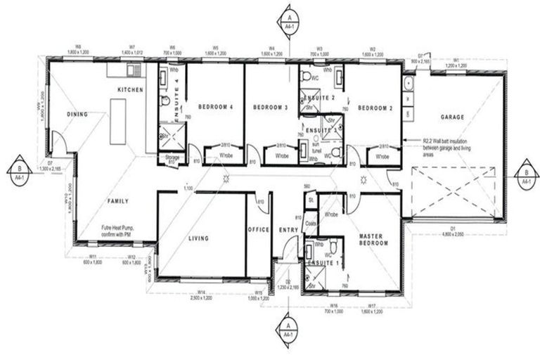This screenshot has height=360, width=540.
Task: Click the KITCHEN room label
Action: (x=130, y=90)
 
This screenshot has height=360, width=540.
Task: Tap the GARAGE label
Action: (x=454, y=117)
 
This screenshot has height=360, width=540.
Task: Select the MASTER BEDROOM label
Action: (x=373, y=239)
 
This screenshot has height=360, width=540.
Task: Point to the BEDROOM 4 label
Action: (x=215, y=107)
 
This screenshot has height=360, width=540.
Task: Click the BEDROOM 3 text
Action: (x=270, y=107)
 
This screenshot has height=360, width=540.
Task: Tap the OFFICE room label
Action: (x=258, y=230)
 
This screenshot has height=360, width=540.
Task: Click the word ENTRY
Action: (x=288, y=230)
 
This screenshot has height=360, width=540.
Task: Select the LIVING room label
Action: (x=199, y=238)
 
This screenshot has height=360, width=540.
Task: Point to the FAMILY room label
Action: (x=117, y=201)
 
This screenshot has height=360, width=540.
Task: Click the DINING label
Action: (x=77, y=114)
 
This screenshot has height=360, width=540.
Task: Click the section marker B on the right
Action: (x=525, y=172)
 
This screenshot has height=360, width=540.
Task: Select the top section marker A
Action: (x=288, y=17)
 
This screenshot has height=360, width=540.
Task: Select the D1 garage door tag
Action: (x=454, y=229)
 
